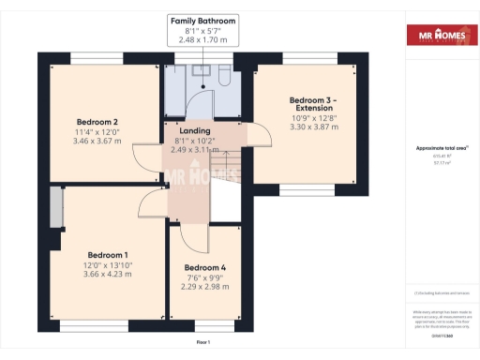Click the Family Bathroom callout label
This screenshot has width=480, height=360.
pos(202,20)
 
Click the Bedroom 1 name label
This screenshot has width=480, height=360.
pos(108,255)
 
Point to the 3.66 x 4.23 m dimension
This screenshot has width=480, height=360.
pos(108,275)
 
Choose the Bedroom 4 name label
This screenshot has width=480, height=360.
pos(204,267)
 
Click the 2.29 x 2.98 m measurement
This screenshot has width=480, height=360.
pos(204,287)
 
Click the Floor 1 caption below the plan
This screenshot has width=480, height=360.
pos(202,343)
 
